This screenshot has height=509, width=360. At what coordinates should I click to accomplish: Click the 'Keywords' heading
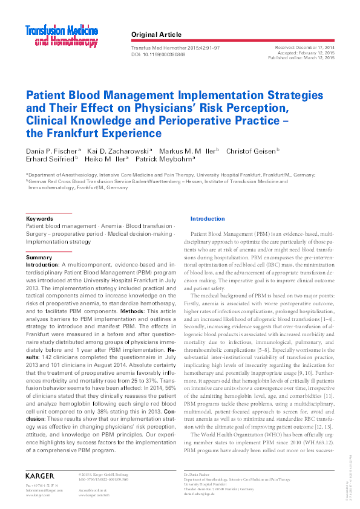39,218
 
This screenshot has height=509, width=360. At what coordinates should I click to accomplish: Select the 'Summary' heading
39,258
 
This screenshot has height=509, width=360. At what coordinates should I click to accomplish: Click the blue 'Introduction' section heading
207,218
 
